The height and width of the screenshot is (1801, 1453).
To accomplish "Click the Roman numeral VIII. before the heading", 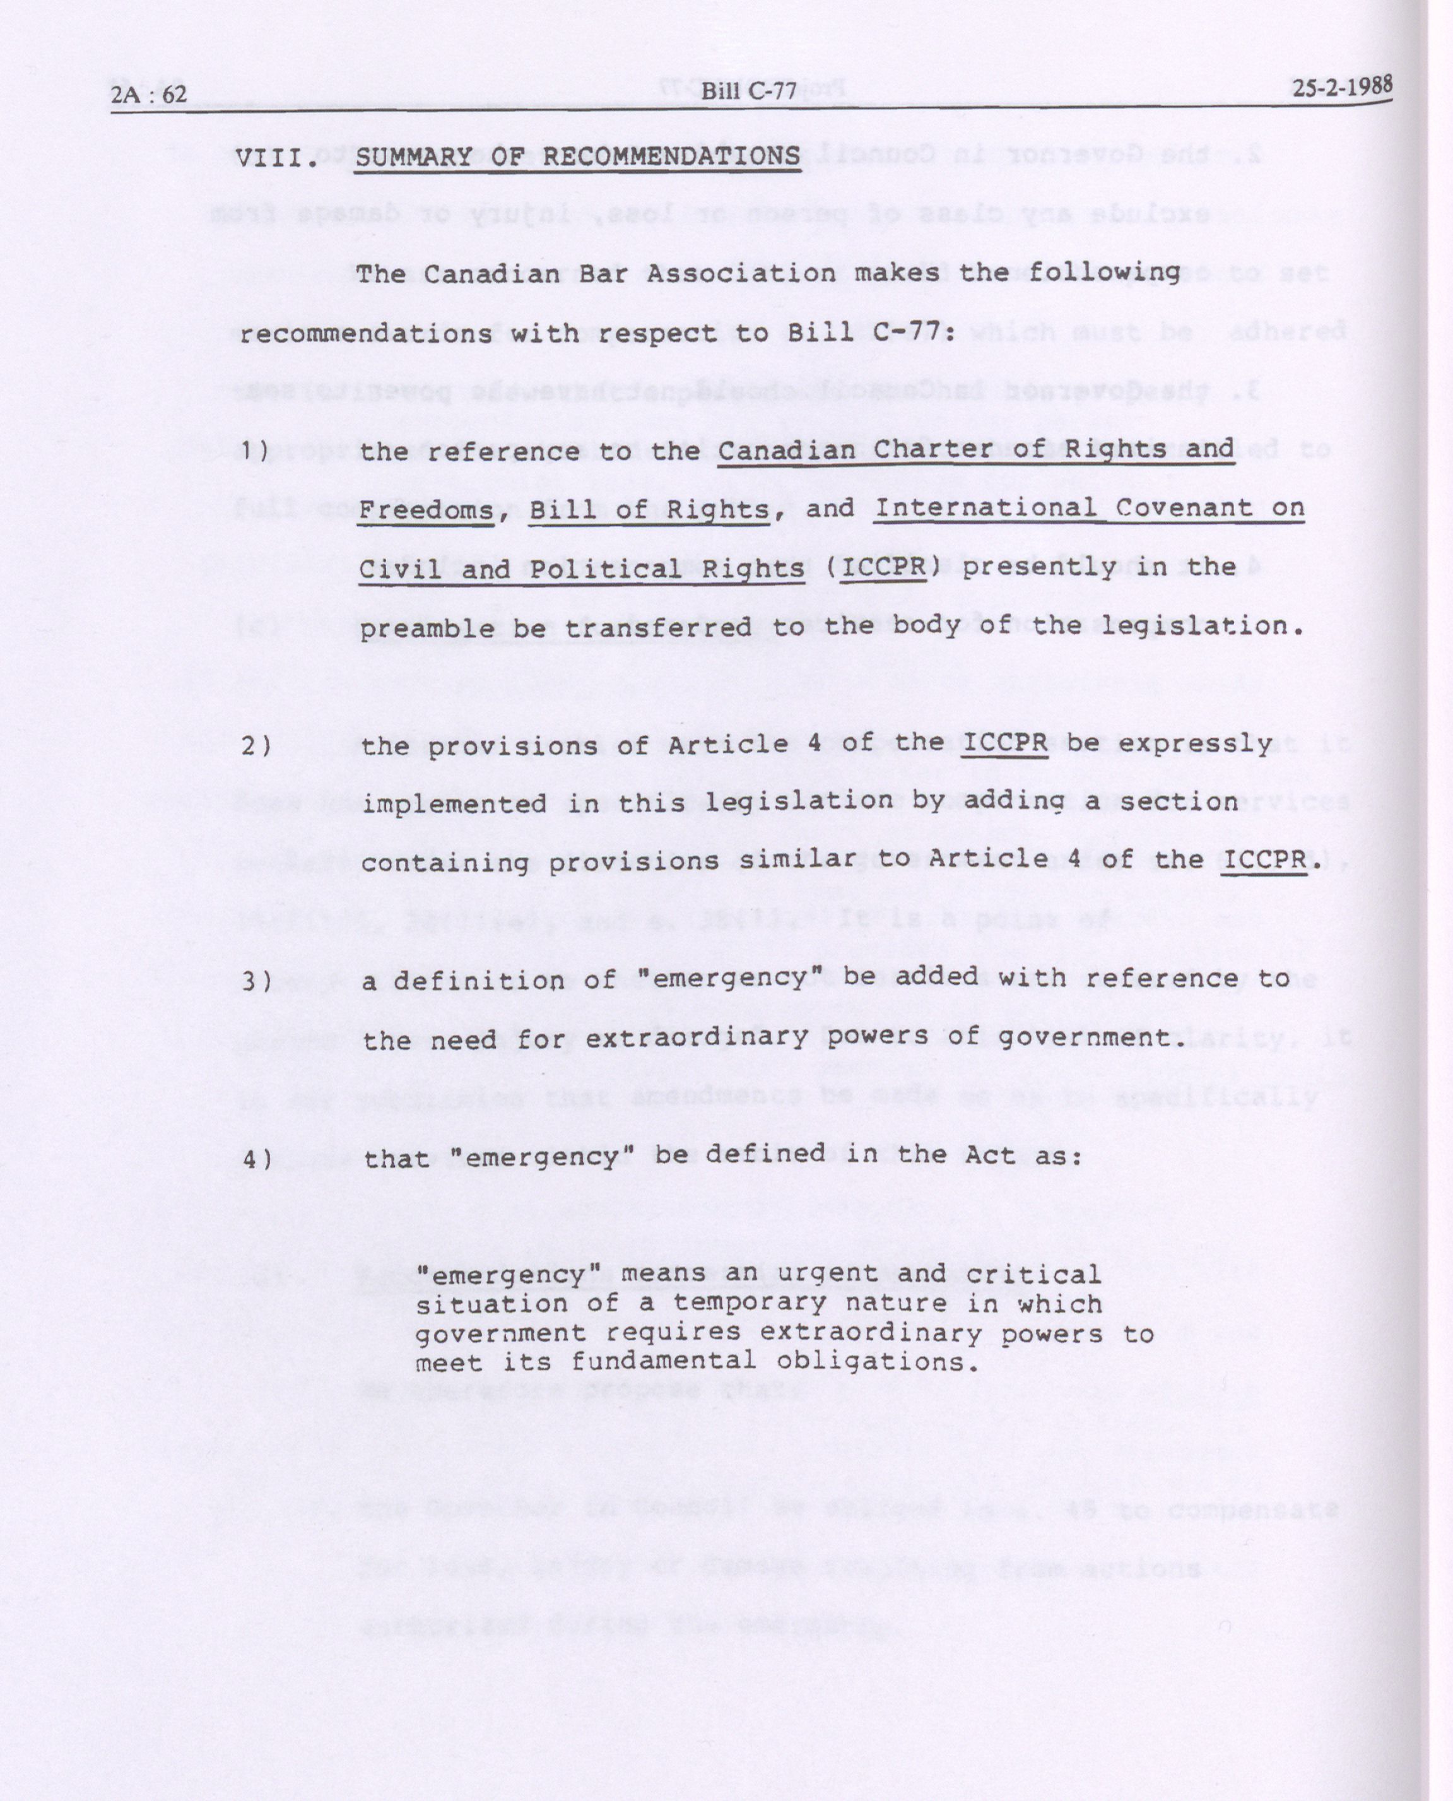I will coord(277,157).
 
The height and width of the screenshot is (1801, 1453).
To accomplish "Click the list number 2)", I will coord(256,745).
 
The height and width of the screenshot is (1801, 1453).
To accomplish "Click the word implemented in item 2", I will coord(454,804).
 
